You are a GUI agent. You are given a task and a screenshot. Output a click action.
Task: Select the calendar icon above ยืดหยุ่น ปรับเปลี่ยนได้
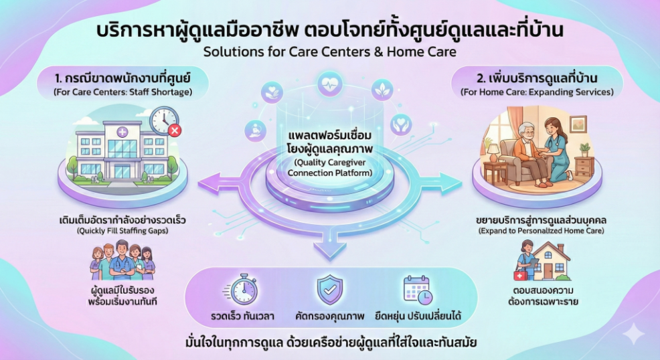417,289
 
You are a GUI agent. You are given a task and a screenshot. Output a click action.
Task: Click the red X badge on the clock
175,130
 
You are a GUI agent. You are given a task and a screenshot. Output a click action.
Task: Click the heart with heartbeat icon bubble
330,89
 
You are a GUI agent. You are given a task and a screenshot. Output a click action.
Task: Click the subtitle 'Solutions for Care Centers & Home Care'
329,52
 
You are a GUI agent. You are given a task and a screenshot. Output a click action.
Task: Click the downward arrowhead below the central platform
329,252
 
